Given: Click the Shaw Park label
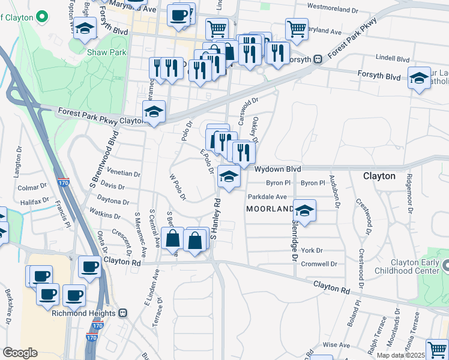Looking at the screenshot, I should pyautogui.click(x=106, y=52).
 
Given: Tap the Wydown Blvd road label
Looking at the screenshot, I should pyautogui.click(x=277, y=170).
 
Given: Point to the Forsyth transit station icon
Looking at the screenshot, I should pyautogui.click(x=317, y=59).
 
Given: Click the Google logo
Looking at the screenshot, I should pyautogui.click(x=20, y=352).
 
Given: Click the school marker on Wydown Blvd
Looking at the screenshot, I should pyautogui.click(x=229, y=176).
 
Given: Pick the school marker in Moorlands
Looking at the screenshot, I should pyautogui.click(x=305, y=211).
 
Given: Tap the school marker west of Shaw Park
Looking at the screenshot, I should pyautogui.click(x=85, y=28).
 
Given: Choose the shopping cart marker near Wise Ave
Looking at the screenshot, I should pyautogui.click(x=437, y=349).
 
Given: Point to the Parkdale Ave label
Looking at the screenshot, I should pyautogui.click(x=267, y=196).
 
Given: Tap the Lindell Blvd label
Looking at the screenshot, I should pyautogui.click(x=393, y=59).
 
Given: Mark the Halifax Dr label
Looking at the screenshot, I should pyautogui.click(x=34, y=203).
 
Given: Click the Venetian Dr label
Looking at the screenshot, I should pyautogui.click(x=123, y=174).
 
